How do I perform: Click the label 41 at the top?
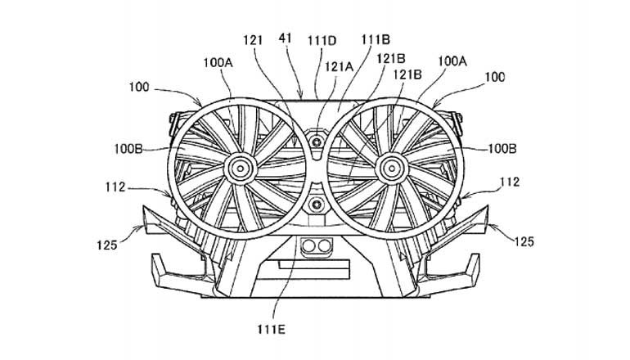tap(286, 37)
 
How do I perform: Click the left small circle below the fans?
tap(308, 245)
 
